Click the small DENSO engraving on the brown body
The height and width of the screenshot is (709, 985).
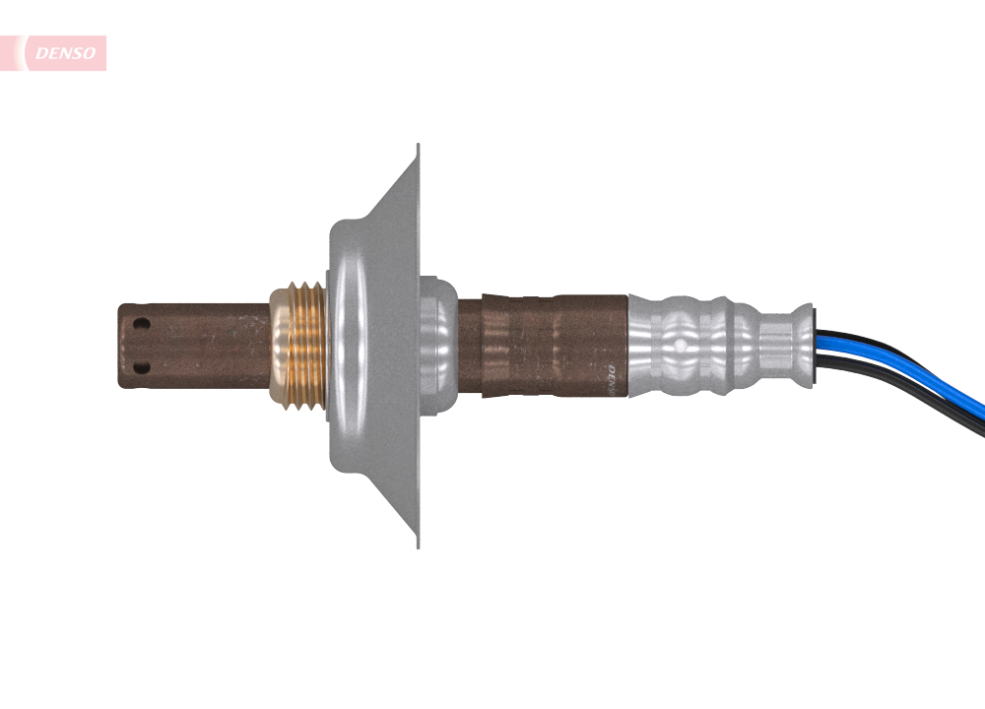(x=612, y=377)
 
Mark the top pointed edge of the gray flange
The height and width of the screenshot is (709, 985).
(x=417, y=148)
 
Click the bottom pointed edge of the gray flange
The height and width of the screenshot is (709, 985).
(x=417, y=544)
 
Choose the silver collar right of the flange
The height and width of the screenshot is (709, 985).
(x=438, y=345)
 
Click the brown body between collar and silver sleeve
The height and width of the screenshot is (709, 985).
(x=542, y=345)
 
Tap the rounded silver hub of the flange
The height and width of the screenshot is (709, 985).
(x=355, y=345)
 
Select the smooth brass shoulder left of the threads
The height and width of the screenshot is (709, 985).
(x=277, y=345)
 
